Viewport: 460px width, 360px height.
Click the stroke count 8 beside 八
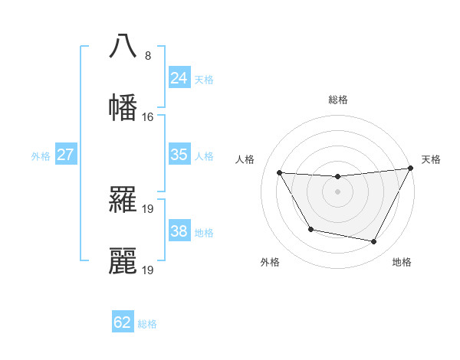click(x=147, y=55)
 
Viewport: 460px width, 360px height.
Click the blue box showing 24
click(x=179, y=77)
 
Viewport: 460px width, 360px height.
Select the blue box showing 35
click(x=179, y=154)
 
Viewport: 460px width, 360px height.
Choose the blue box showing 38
click(x=179, y=231)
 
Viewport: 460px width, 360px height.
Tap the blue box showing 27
click(x=65, y=154)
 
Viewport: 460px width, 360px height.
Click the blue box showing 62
click(x=123, y=322)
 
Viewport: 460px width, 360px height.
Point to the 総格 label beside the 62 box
click(x=147, y=324)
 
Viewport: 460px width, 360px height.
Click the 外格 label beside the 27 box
click(x=41, y=155)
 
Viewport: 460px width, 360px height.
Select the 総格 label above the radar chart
click(x=337, y=100)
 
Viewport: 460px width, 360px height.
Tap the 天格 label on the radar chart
click(x=431, y=159)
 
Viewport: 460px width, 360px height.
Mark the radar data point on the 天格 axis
click(x=411, y=169)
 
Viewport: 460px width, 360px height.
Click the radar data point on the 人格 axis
click(x=280, y=172)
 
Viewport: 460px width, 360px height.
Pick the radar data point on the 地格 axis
click(x=374, y=242)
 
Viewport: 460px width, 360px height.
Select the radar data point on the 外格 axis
click(x=310, y=230)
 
